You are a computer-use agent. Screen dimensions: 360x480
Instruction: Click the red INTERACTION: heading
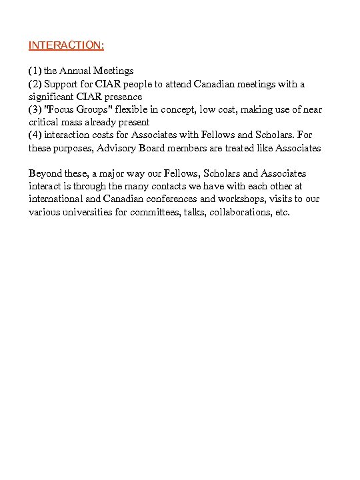[66, 45]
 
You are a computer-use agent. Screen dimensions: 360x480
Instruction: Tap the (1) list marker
[35, 71]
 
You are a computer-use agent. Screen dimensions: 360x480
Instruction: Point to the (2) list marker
[35, 84]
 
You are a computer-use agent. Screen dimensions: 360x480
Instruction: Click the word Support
[61, 84]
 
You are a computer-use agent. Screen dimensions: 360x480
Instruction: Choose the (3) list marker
[35, 109]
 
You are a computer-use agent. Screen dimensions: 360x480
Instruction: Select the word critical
[44, 123]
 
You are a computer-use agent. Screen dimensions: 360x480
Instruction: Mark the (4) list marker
[35, 135]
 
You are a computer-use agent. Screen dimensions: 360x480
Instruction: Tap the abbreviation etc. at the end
[283, 212]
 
